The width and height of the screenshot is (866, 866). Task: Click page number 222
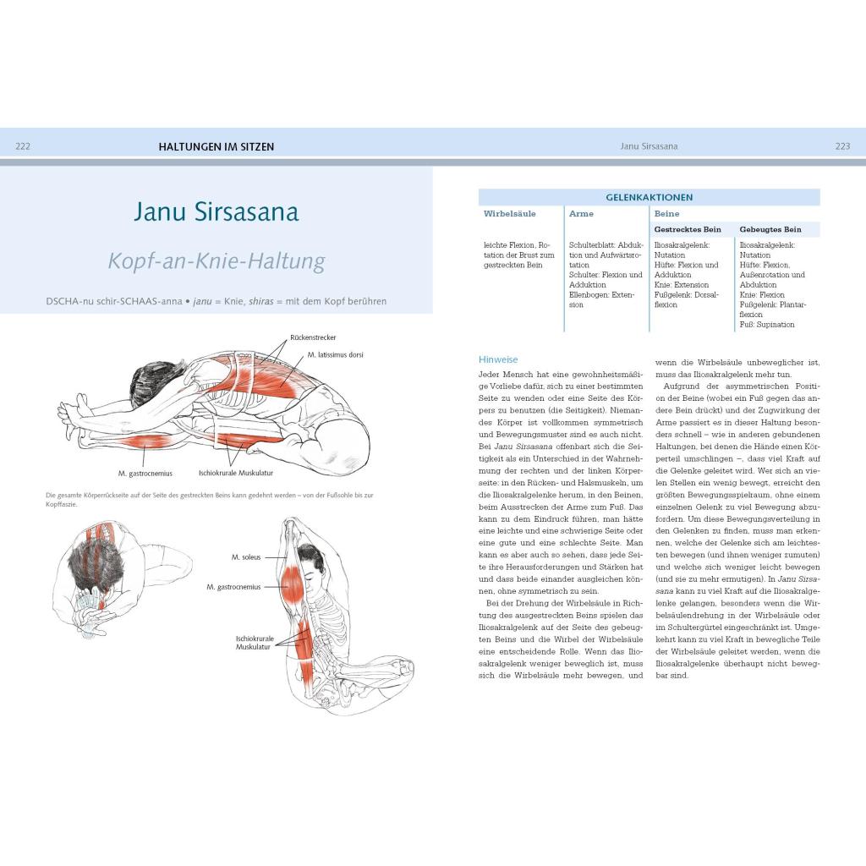point(23,146)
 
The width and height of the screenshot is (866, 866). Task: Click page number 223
point(842,146)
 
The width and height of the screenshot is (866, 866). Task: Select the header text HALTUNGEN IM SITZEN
point(216,146)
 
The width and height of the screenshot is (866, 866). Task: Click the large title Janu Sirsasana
point(216,211)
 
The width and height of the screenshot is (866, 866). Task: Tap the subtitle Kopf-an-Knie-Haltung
point(216,260)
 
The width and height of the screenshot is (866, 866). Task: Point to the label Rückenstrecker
point(312,337)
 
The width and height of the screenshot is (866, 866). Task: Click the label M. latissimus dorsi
point(336,354)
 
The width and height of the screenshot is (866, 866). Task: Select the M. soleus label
point(246,557)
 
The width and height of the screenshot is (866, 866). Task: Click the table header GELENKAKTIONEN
point(649,197)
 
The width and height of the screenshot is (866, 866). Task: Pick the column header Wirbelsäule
point(510,214)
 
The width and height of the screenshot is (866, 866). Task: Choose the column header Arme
point(581,214)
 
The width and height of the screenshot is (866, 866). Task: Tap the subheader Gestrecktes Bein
point(688,229)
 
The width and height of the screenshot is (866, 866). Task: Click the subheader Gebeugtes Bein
point(770,229)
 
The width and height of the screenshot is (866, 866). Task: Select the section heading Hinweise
point(498,359)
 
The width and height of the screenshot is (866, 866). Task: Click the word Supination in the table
point(775,324)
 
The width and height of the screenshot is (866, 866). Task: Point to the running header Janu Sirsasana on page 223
point(649,146)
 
